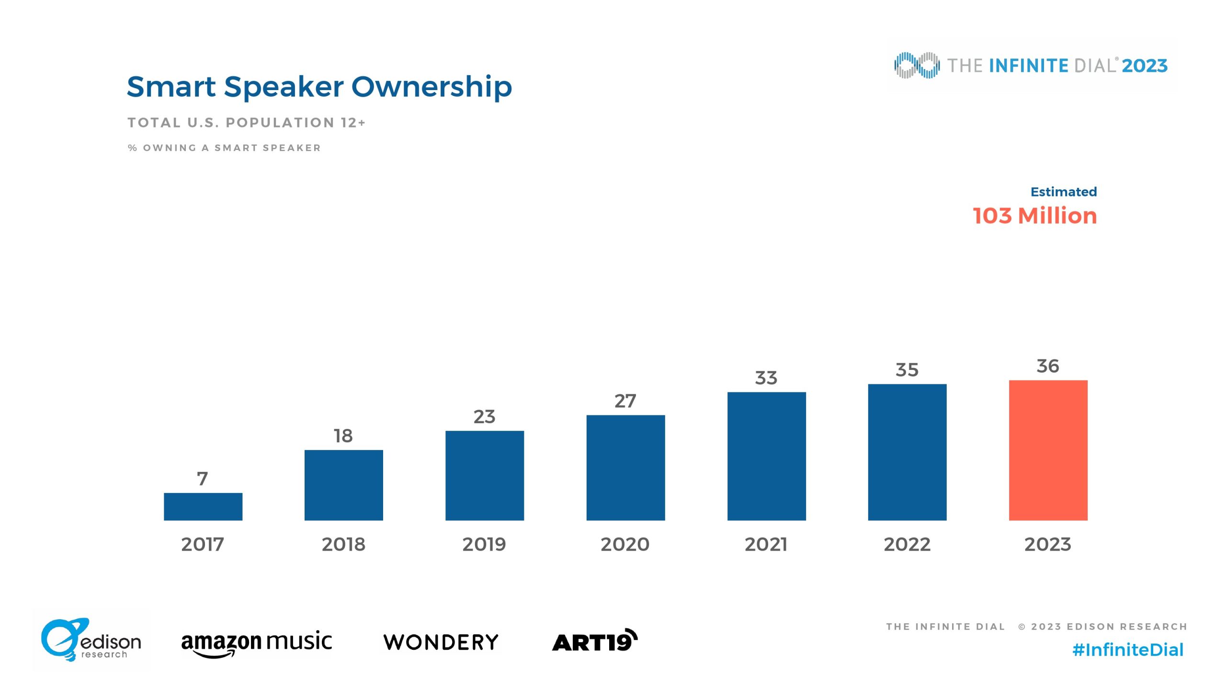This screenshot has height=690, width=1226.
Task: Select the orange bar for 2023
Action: tap(1048, 450)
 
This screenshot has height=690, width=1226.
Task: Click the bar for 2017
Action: tap(203, 506)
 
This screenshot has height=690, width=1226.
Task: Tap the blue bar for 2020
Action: tap(625, 467)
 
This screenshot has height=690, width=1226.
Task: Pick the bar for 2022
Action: tap(907, 452)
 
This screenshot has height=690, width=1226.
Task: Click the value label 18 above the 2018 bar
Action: tap(343, 436)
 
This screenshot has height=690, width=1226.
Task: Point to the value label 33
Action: tap(766, 378)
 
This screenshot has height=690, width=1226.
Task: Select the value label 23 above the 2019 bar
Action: tap(484, 416)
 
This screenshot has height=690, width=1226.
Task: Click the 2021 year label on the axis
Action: tap(766, 544)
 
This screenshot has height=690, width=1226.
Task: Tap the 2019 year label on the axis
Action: tap(484, 544)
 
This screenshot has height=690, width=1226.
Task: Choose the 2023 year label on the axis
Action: tap(1048, 544)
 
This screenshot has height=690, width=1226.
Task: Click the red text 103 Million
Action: tap(1035, 216)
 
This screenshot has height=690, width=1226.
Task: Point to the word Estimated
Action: tap(1064, 192)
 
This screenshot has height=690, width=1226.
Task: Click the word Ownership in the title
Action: tap(431, 87)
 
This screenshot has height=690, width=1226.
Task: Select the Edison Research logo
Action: tap(91, 640)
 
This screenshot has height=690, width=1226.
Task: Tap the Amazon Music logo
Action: tap(256, 643)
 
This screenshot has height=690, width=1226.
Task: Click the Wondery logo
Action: tap(441, 642)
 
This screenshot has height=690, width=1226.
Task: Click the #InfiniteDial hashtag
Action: tap(1128, 650)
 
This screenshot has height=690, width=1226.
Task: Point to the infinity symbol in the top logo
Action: tap(917, 65)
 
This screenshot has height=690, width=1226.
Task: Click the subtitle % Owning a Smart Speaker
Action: tap(224, 148)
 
